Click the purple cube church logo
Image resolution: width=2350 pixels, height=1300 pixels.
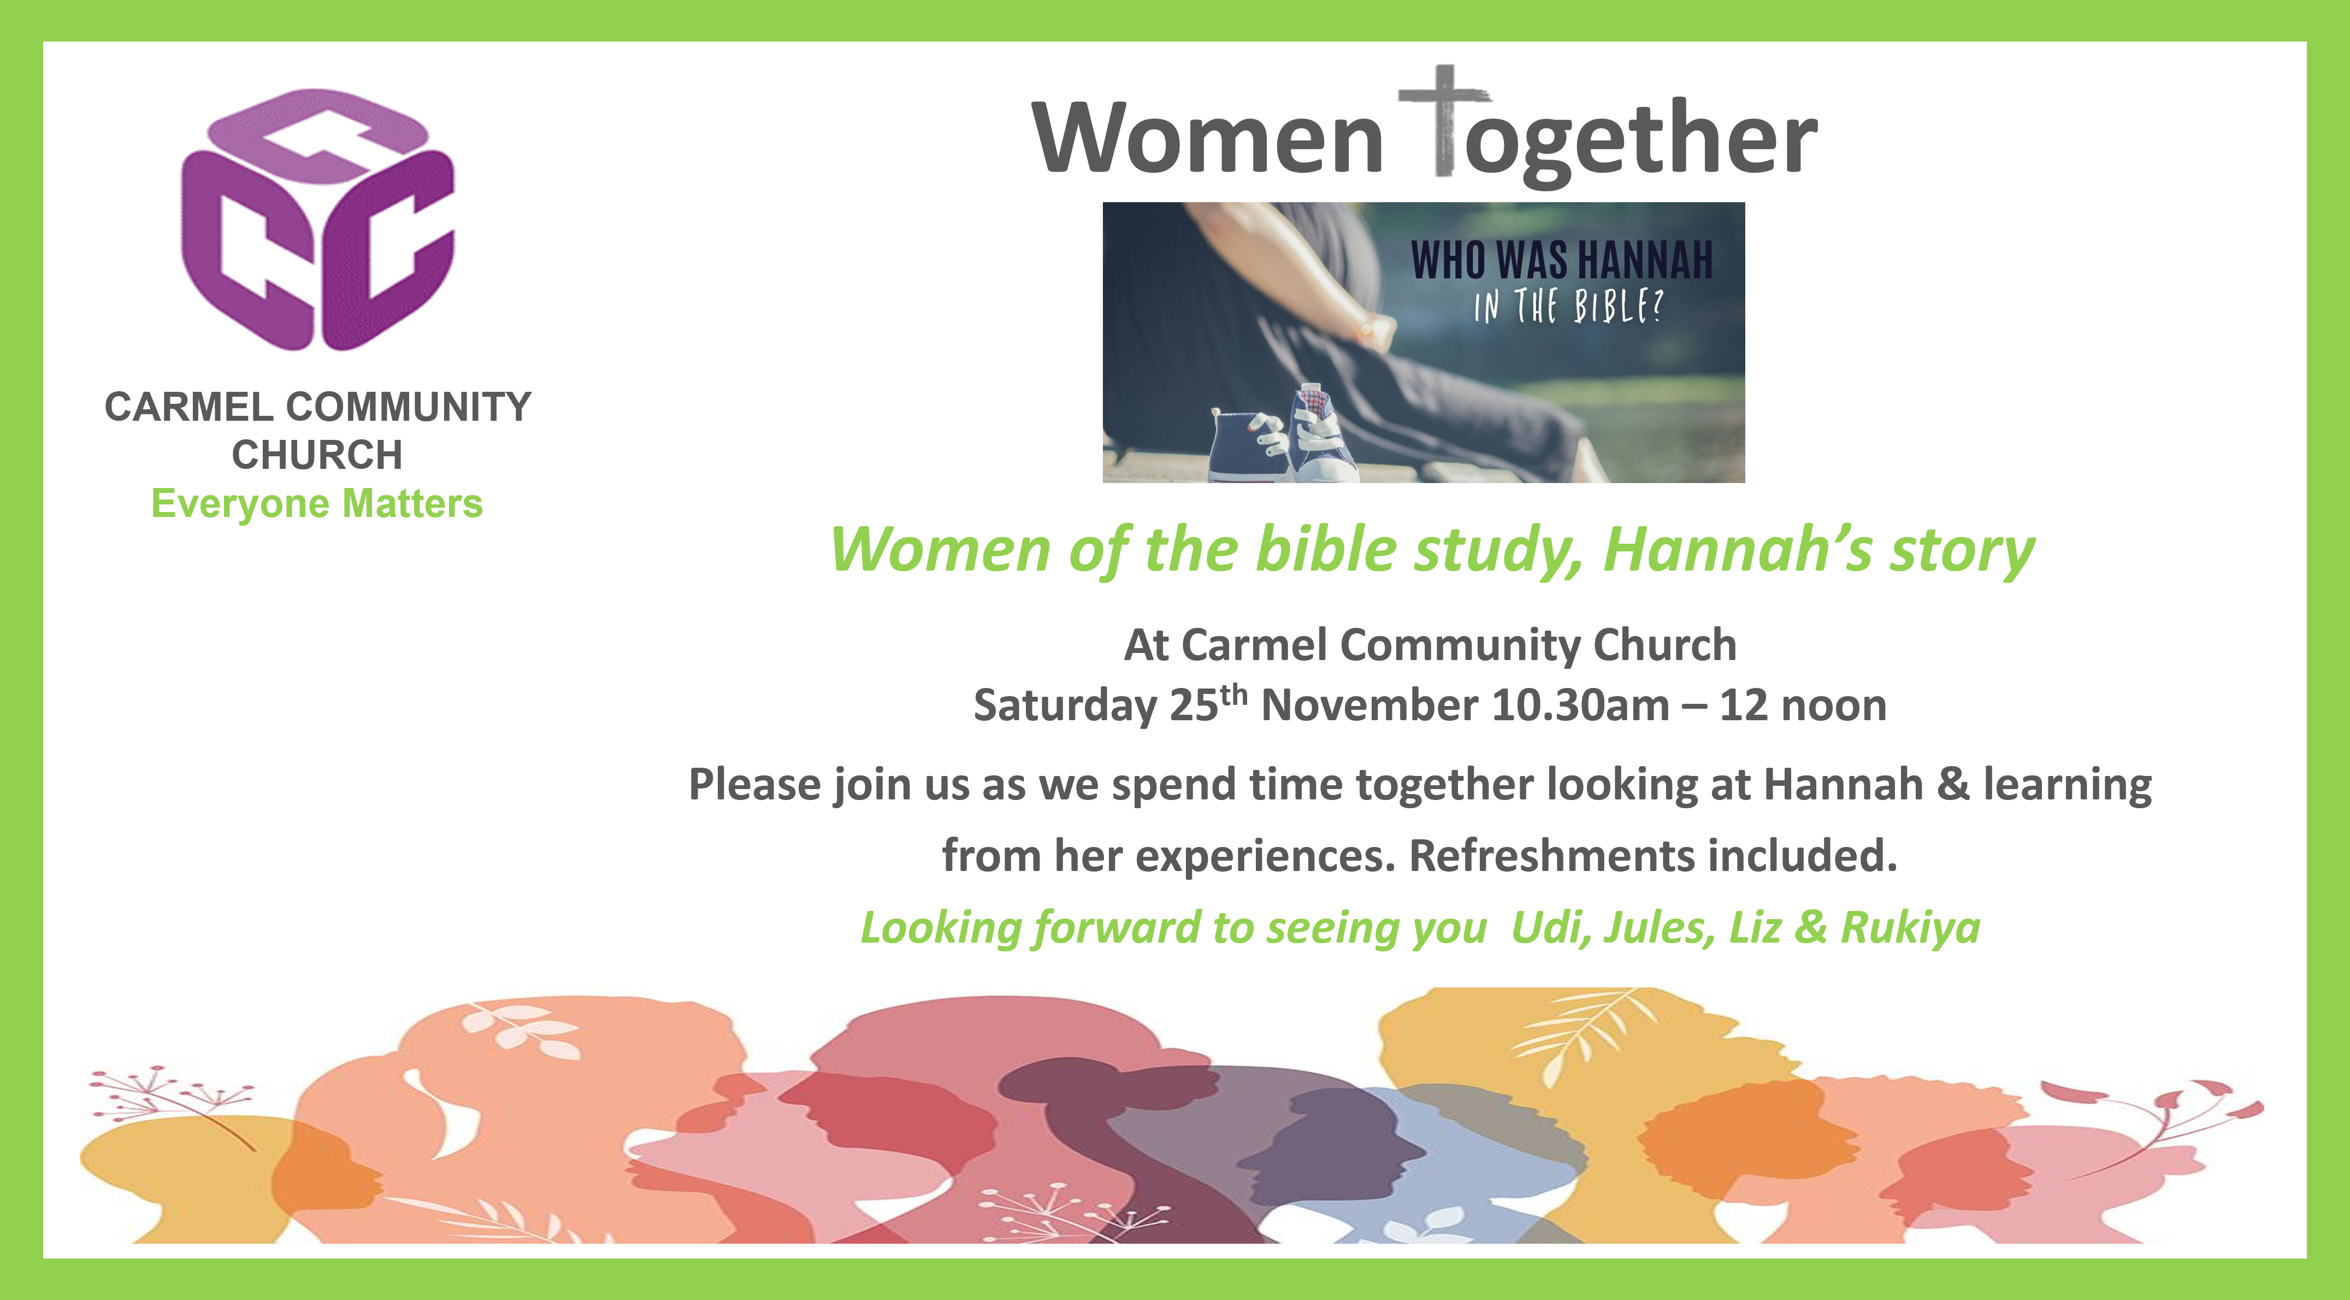pos(317,219)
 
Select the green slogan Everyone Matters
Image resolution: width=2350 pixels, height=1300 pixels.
pos(317,504)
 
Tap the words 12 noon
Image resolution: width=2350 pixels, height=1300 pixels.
pos(1803,705)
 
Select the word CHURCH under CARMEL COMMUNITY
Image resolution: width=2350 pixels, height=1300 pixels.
pos(317,454)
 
